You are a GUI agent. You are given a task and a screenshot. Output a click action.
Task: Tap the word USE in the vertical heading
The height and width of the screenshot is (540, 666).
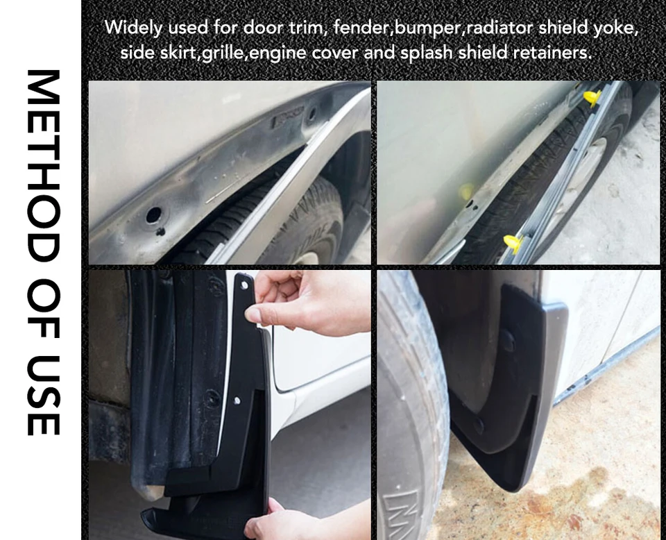43,395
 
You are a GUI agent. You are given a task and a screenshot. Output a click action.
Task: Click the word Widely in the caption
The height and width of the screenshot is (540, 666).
133,28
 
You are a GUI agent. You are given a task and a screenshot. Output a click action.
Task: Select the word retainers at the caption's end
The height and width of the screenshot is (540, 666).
552,53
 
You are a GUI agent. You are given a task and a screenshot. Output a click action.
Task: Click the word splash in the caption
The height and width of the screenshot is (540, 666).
427,53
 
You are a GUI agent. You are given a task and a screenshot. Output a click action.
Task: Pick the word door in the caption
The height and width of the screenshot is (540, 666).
264,28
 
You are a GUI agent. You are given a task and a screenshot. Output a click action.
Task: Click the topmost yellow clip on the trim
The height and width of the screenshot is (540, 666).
592,98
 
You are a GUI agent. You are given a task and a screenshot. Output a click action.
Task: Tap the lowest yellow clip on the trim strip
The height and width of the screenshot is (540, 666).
514,244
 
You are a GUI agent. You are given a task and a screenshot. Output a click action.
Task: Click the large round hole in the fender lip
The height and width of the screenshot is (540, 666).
153,215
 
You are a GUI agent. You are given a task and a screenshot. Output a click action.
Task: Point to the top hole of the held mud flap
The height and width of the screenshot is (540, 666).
244,285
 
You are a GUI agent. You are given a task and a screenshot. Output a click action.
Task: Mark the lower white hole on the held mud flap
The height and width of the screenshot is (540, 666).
237,400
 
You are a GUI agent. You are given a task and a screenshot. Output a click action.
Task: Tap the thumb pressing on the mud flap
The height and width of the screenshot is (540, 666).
257,315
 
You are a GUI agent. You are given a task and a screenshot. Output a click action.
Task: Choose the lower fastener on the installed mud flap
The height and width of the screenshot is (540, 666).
478,425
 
